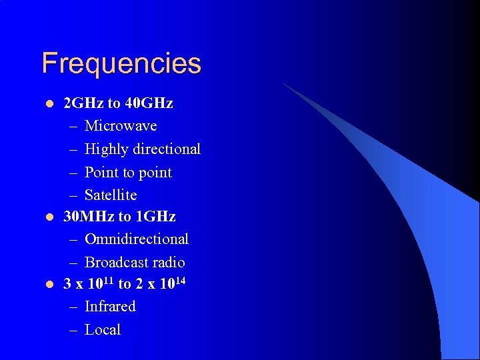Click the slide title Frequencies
point(121,64)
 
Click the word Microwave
point(121,126)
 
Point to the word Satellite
point(111,195)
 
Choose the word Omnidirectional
point(137,239)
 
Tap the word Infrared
point(110,307)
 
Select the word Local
point(103,330)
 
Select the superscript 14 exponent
point(179,280)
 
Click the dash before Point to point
point(72,173)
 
